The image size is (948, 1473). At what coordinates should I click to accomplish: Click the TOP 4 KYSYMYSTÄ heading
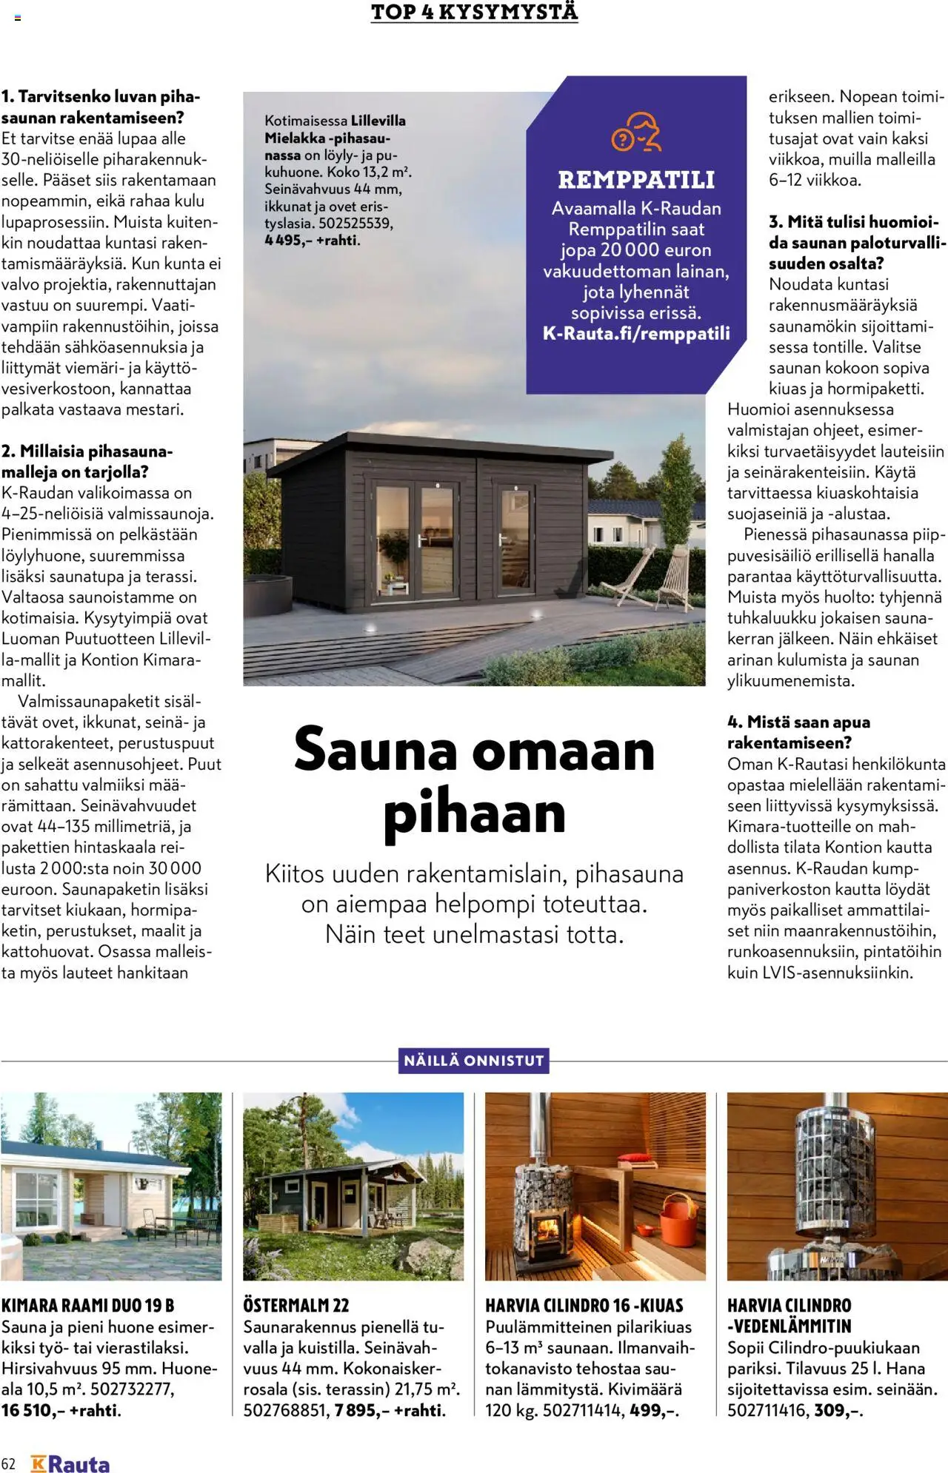[x=474, y=13]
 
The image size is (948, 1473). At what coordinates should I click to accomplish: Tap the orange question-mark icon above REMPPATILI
[x=635, y=132]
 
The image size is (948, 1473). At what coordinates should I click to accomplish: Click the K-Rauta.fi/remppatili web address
[x=636, y=333]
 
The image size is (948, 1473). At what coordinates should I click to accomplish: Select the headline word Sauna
[x=375, y=750]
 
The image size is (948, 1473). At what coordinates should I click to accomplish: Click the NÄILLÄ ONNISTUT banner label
[x=474, y=1061]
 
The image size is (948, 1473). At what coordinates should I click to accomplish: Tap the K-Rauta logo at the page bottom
[x=70, y=1464]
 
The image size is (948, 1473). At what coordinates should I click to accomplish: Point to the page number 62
[x=9, y=1464]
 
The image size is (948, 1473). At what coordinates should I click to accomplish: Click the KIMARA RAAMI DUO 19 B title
[x=88, y=1306]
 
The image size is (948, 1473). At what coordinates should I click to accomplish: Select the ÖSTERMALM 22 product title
[x=296, y=1306]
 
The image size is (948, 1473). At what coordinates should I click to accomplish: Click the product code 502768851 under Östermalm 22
[x=285, y=1410]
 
